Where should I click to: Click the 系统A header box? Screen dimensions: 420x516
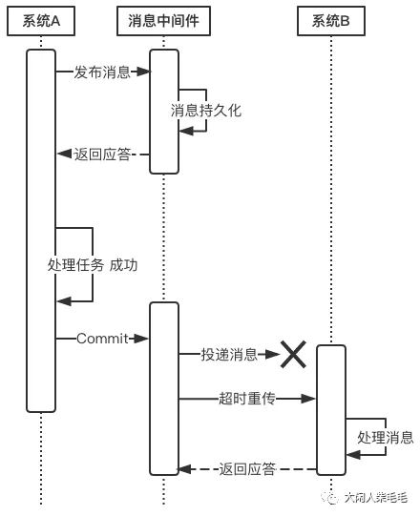[x=41, y=21]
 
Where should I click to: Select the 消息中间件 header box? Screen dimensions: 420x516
[x=164, y=21]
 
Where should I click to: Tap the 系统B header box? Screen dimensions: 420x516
[x=331, y=21]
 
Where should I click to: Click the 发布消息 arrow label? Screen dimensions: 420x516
[x=102, y=72]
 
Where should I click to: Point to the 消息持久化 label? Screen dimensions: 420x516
[x=206, y=111]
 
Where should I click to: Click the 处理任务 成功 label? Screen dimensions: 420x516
[x=93, y=265]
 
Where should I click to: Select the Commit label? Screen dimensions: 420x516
[x=102, y=339]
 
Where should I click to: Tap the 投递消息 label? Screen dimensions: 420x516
[x=229, y=355]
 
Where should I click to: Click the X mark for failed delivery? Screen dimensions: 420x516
[x=293, y=355]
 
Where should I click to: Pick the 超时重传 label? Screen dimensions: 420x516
[x=247, y=399]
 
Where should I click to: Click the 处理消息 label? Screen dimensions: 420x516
[x=386, y=438]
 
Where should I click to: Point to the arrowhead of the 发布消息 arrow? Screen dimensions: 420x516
[x=143, y=72]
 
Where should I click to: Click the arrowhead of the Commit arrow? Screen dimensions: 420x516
[x=141, y=339]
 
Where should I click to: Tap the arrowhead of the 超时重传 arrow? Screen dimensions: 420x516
[x=308, y=399]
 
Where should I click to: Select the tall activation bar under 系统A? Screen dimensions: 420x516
[x=41, y=231]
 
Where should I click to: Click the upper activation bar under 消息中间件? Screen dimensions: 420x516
[x=164, y=112]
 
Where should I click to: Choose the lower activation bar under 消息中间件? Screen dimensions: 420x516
[x=164, y=388]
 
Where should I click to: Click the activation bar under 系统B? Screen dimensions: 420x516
[x=331, y=410]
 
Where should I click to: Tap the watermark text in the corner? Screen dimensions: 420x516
[x=365, y=498]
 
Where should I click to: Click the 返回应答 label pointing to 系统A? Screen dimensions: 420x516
[x=102, y=154]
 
